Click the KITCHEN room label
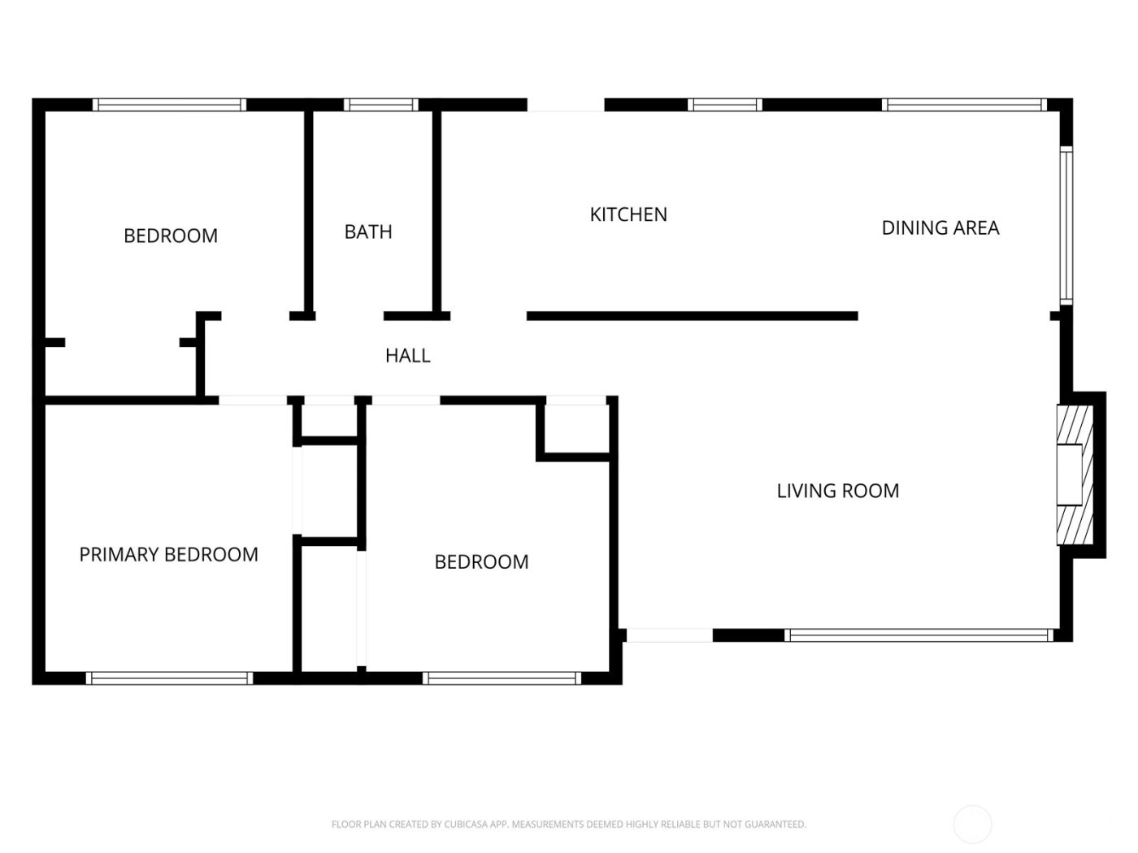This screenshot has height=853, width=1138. click(x=628, y=214)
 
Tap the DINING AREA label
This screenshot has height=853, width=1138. click(x=940, y=228)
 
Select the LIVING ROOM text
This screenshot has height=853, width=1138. click(x=837, y=491)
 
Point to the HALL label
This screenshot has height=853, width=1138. click(x=407, y=356)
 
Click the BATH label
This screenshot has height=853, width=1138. click(x=368, y=232)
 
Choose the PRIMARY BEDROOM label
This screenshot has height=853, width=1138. click(x=168, y=555)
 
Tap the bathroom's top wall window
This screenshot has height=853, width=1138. click(x=380, y=105)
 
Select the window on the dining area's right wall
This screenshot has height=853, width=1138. click(x=1066, y=225)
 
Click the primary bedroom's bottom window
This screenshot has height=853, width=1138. click(x=169, y=678)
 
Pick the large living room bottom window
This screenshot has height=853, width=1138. click(x=919, y=635)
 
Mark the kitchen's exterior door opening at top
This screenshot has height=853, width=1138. click(x=566, y=106)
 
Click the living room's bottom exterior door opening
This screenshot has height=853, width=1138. click(x=669, y=635)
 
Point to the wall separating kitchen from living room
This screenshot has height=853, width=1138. click(x=692, y=316)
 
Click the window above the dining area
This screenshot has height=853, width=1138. click(x=963, y=105)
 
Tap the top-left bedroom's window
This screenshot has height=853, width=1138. click(x=169, y=105)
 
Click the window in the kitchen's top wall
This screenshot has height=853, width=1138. click(x=724, y=105)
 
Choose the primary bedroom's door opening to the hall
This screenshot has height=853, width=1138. click(x=253, y=401)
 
